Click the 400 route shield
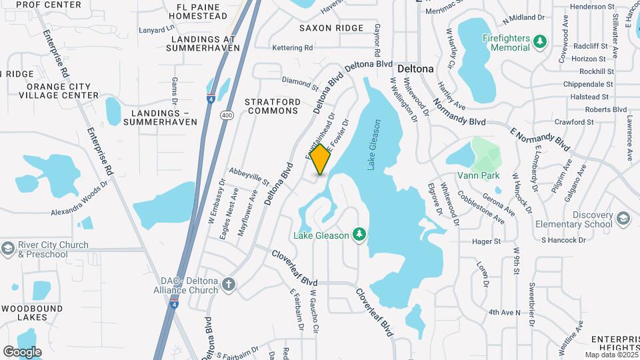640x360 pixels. pyautogui.click(x=228, y=115)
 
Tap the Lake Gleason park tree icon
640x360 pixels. pyautogui.click(x=359, y=234)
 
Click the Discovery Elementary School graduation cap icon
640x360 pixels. pyautogui.click(x=623, y=219)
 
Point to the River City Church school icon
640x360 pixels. pyautogui.click(x=7, y=249)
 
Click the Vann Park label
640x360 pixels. pyautogui.click(x=479, y=176)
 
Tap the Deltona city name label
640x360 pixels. pyautogui.click(x=415, y=69)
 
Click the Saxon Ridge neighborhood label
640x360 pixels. pyautogui.click(x=331, y=28)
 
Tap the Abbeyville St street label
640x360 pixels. pyautogui.click(x=248, y=177)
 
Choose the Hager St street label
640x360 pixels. pyautogui.click(x=486, y=241)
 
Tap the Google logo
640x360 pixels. pyautogui.click(x=22, y=351)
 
